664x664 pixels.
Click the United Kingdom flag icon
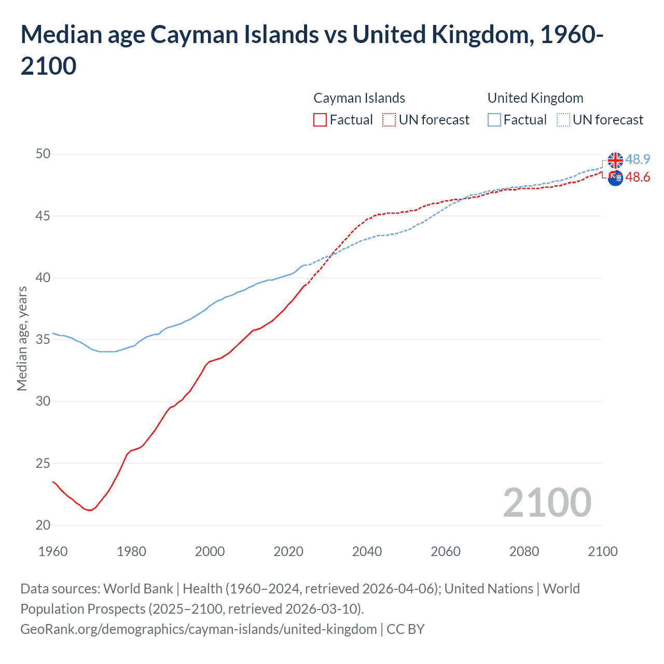coord(615,160)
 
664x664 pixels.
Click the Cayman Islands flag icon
coord(615,178)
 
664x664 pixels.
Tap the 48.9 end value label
coord(638,159)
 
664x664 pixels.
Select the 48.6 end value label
coord(638,177)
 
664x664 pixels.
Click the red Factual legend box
coord(320,120)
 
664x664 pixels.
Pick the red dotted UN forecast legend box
coord(389,120)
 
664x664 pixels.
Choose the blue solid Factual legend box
coord(494,120)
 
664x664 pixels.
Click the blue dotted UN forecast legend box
coord(563,120)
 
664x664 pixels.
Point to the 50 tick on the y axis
coord(43,154)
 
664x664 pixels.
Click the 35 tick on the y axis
coord(43,339)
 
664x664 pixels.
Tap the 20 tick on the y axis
coord(43,525)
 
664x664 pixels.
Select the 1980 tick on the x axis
coord(131,551)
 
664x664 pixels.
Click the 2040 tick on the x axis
coord(367,551)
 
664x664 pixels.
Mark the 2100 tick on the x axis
coord(602,551)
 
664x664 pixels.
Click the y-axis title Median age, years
coord(22,338)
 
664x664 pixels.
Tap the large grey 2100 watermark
coord(547,503)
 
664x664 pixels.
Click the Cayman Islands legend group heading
coord(359,98)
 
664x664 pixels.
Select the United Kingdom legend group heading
coord(535,98)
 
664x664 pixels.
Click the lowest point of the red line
coord(90,510)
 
